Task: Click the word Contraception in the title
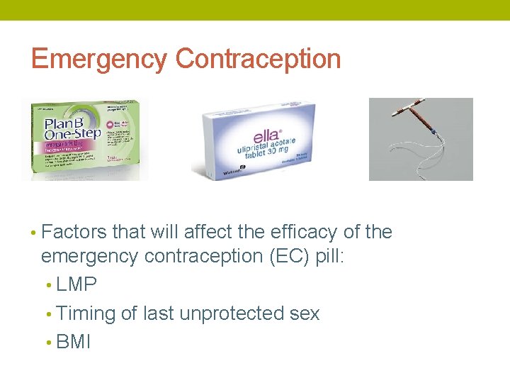click(259, 59)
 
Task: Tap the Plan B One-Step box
click(85, 138)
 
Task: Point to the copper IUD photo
click(421, 139)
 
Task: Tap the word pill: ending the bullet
click(327, 256)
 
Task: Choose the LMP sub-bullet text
click(76, 284)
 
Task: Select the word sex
click(305, 313)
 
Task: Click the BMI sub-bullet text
click(74, 342)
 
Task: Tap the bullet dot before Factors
click(33, 233)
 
